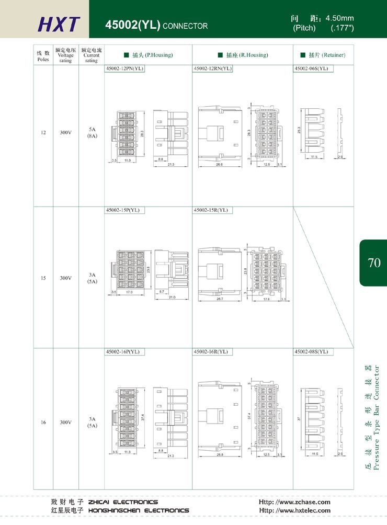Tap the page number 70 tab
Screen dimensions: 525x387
(x=374, y=262)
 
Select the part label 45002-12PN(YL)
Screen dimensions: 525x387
(x=125, y=69)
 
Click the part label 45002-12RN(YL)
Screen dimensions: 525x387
(x=213, y=69)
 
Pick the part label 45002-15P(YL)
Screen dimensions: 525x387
(x=122, y=210)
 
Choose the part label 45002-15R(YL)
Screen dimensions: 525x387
(x=211, y=210)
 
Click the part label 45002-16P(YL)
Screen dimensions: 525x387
(x=123, y=351)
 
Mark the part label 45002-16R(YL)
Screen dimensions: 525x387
(x=211, y=351)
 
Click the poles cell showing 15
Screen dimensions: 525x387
(x=43, y=278)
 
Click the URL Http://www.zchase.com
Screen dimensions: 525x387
(x=294, y=501)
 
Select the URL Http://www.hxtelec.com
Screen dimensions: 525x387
(x=295, y=510)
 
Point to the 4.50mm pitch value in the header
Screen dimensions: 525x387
(x=339, y=18)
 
